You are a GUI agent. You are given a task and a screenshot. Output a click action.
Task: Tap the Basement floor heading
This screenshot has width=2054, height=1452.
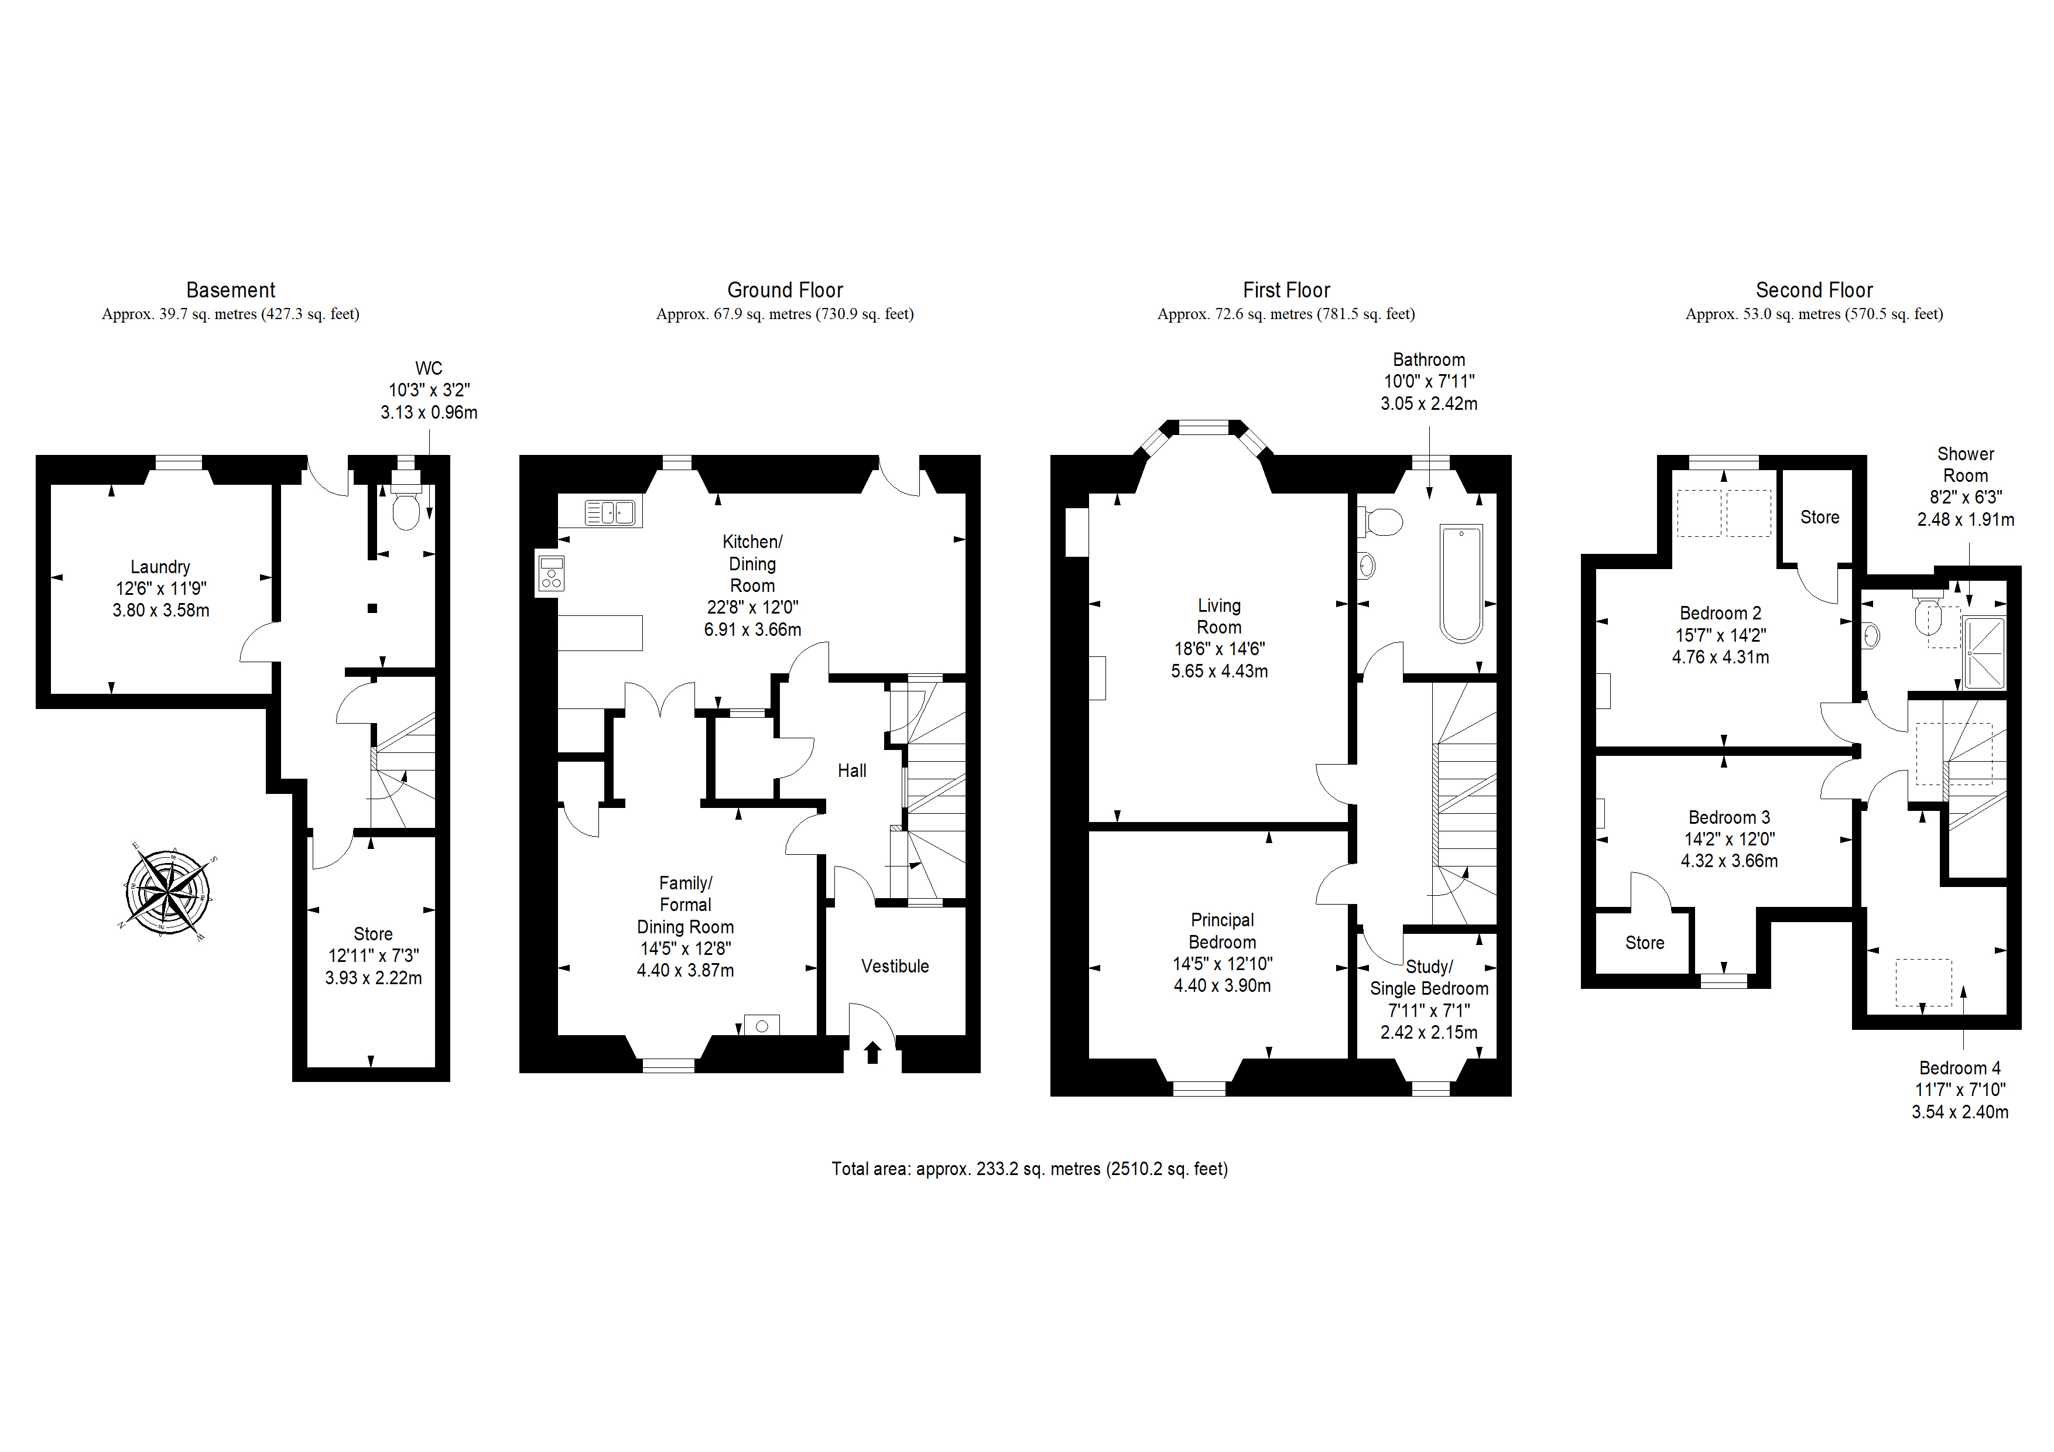231,290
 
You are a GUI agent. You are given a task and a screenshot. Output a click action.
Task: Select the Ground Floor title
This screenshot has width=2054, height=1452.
785,290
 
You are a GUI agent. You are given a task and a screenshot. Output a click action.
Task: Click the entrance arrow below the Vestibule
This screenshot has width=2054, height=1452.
872,1052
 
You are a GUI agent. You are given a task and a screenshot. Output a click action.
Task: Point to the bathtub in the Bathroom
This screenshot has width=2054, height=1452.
1461,583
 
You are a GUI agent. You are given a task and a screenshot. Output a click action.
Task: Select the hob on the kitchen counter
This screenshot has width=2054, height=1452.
551,573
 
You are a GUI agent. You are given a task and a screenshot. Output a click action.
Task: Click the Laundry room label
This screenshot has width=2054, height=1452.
160,567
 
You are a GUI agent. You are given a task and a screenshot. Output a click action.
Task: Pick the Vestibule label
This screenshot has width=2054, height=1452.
895,966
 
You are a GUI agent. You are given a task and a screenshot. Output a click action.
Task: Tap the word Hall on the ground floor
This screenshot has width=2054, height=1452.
852,770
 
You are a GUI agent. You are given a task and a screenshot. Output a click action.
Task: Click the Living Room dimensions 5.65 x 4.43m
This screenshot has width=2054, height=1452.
1219,671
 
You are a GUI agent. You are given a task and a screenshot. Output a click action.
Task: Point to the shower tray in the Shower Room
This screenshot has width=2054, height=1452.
1984,653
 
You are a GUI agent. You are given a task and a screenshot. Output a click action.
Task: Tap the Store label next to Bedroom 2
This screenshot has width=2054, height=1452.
1820,517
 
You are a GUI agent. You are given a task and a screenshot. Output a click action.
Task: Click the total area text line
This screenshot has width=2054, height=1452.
1030,1169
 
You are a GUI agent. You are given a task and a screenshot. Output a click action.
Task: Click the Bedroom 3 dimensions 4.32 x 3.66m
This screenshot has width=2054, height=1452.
1729,861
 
